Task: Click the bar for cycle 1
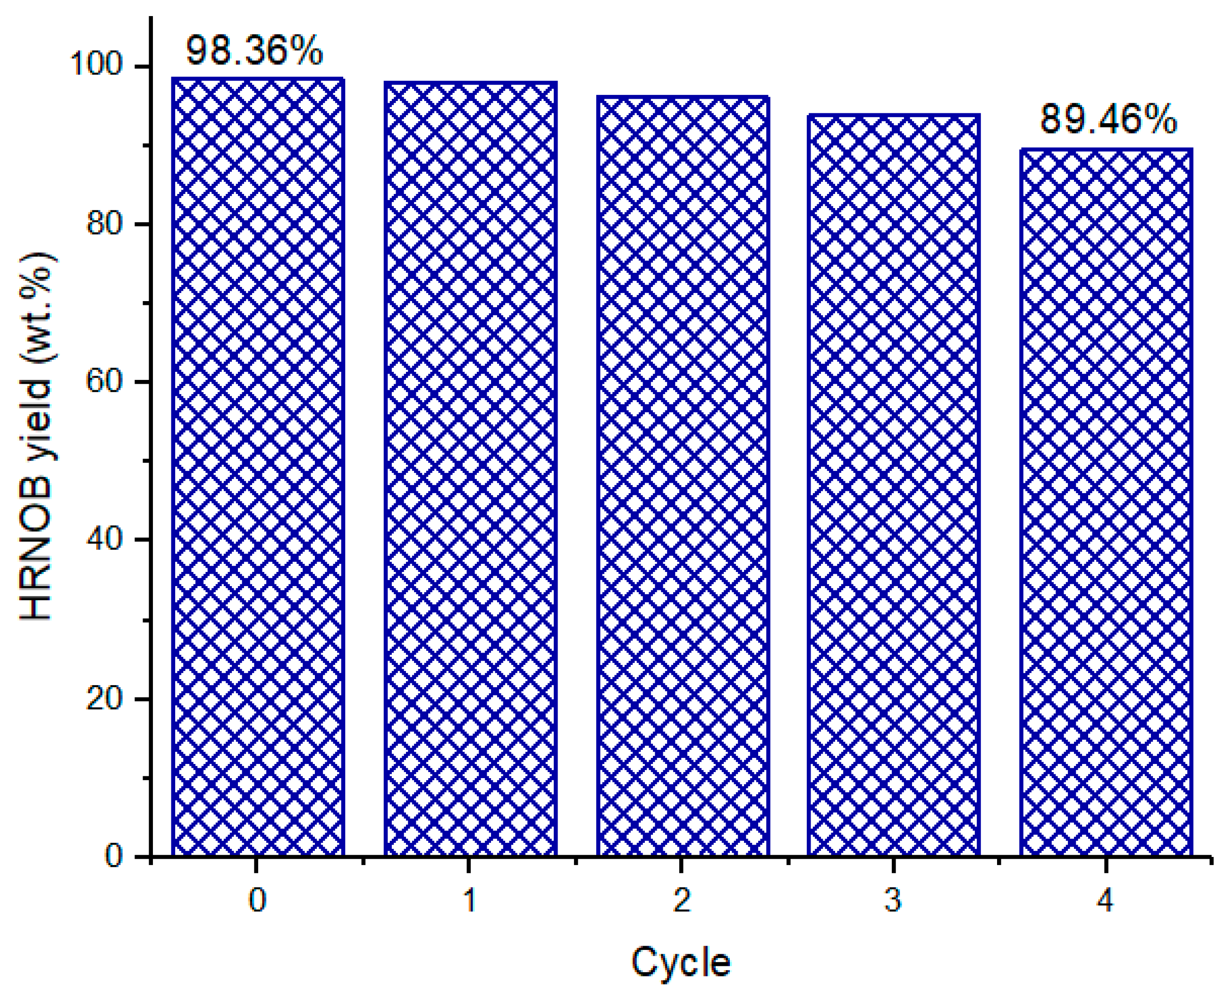click(x=470, y=469)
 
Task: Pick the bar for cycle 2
click(x=683, y=477)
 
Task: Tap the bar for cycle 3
click(x=893, y=485)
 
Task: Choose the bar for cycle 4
click(x=1106, y=503)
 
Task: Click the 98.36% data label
click(x=254, y=50)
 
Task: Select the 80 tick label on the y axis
click(x=104, y=223)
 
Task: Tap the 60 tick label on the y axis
click(x=104, y=381)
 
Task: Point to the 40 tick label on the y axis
click(x=104, y=539)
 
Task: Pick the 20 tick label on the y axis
click(x=104, y=698)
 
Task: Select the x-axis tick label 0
click(x=257, y=900)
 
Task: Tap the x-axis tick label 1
click(x=470, y=900)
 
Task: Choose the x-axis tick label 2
click(x=682, y=900)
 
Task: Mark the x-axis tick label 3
click(x=893, y=900)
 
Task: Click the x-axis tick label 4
click(x=1106, y=900)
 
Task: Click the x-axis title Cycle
click(x=681, y=962)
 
